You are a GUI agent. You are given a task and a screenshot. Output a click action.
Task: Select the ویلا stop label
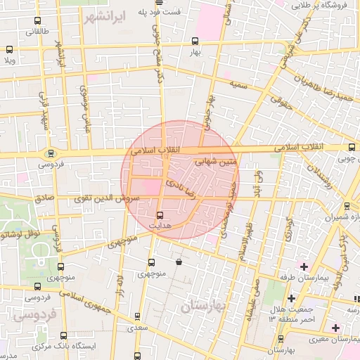point(8,60)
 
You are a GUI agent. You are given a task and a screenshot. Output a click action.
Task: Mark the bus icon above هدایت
point(160,214)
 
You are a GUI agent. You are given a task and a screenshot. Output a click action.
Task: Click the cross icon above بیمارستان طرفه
point(304,266)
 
